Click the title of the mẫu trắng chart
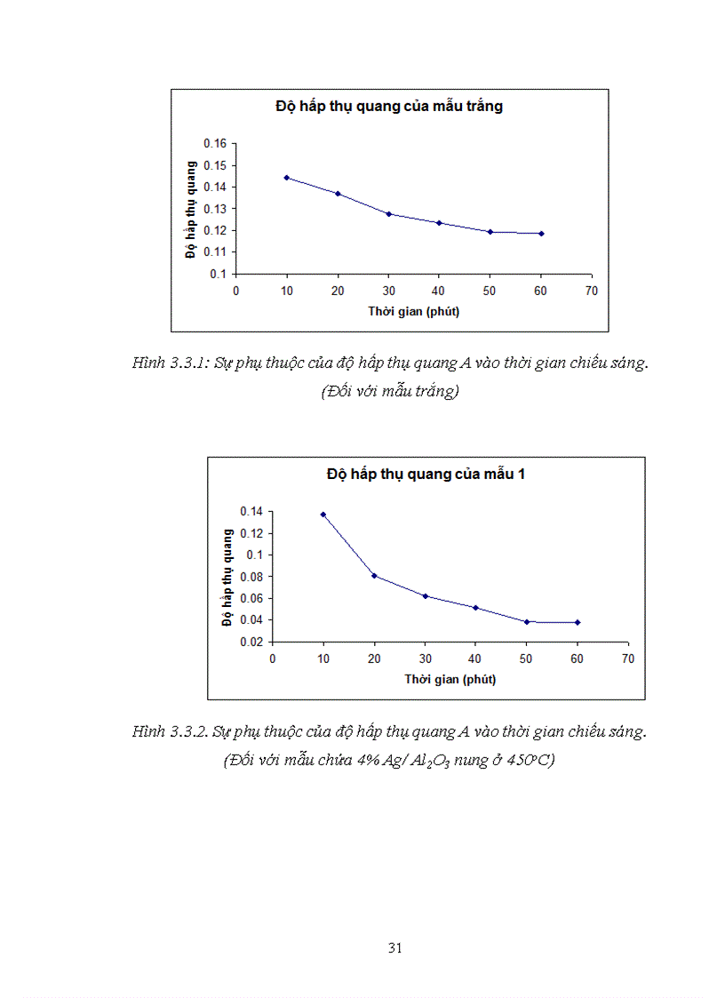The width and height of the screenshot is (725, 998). click(x=389, y=107)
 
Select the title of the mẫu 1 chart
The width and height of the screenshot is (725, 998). click(x=426, y=475)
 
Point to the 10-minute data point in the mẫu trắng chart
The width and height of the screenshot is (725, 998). click(x=287, y=178)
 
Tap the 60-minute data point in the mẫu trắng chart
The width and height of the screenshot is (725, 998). click(x=541, y=234)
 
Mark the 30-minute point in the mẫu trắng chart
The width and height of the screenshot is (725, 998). click(x=389, y=214)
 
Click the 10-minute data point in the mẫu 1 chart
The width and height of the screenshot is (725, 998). click(x=323, y=515)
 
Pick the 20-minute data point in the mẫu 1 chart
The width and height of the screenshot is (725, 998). click(x=374, y=576)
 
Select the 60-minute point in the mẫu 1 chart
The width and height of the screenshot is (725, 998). click(x=578, y=622)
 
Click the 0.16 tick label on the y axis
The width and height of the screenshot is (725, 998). click(x=215, y=144)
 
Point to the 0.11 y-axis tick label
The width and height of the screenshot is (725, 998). click(x=215, y=252)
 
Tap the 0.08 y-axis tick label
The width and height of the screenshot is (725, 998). click(x=251, y=577)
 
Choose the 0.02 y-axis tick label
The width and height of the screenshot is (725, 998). click(x=251, y=642)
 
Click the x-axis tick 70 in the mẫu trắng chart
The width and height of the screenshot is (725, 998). click(x=592, y=291)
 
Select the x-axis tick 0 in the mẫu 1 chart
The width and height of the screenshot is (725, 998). click(x=273, y=659)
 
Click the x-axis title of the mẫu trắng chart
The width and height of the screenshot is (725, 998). click(x=414, y=311)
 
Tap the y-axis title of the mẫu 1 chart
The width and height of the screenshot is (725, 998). click(x=227, y=576)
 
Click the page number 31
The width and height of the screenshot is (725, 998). click(x=396, y=948)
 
